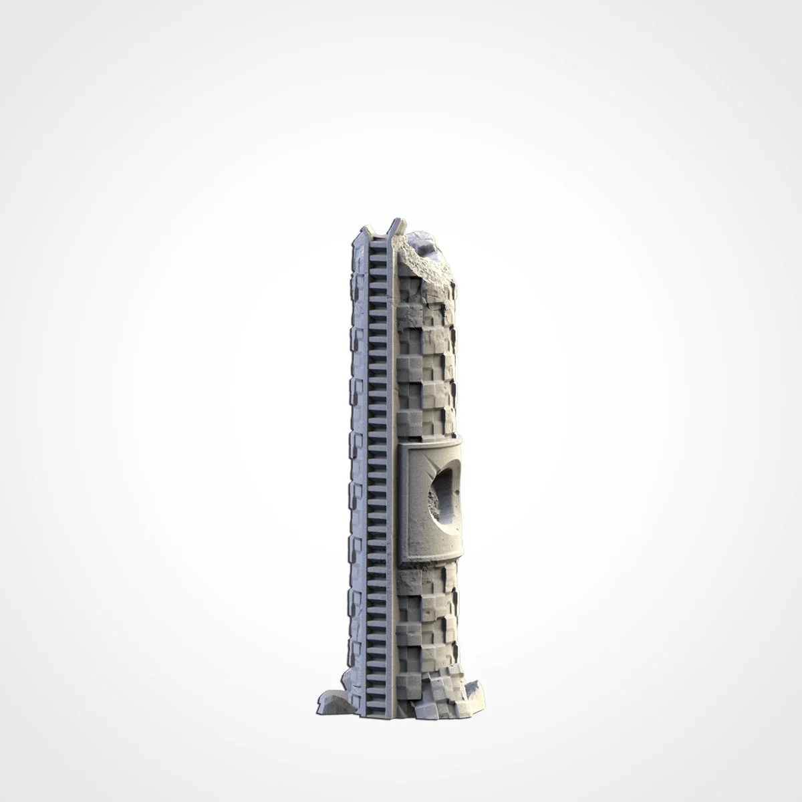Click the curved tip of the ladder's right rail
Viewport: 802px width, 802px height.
(x=398, y=221)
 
